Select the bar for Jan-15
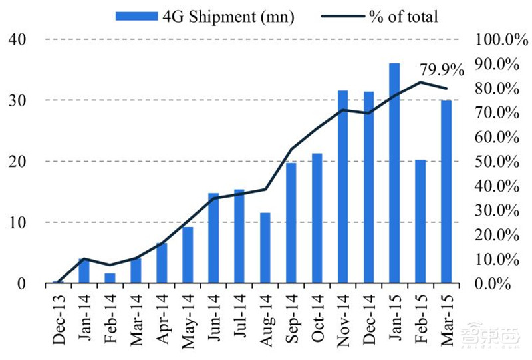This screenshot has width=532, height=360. (394, 173)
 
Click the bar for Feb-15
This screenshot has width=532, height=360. (420, 222)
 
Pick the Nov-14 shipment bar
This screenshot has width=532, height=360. (342, 187)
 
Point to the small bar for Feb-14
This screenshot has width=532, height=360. (110, 278)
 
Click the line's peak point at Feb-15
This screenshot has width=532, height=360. (420, 82)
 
